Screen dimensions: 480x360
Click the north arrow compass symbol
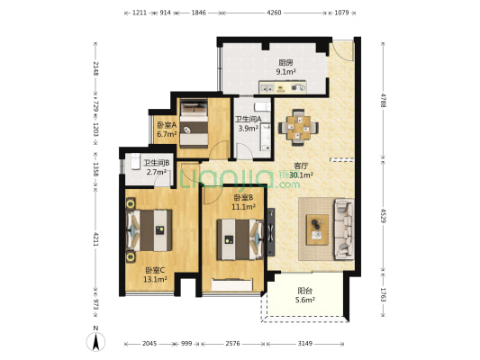[95, 341]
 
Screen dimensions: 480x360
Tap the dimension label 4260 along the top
[274, 13]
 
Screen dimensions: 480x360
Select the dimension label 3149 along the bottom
[305, 344]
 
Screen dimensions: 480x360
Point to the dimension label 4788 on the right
[383, 100]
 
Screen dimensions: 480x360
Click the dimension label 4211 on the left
[95, 239]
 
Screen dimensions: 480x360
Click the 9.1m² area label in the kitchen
[285, 72]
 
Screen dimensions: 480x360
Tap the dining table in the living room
[298, 127]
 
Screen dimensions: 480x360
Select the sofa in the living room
[344, 229]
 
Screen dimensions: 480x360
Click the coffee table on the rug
[318, 229]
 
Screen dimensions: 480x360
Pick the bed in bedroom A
[194, 124]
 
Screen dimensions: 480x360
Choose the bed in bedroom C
[149, 230]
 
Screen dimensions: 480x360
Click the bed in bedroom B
[240, 239]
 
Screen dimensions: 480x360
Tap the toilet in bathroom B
[135, 161]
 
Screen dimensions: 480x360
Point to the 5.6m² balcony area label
[305, 300]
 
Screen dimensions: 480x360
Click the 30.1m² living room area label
[301, 175]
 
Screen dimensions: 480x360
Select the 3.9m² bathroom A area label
[249, 129]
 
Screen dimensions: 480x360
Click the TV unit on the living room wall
[271, 232]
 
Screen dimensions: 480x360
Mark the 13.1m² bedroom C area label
[155, 279]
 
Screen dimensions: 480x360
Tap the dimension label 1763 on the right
[383, 294]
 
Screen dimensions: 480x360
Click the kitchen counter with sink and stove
[283, 87]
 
